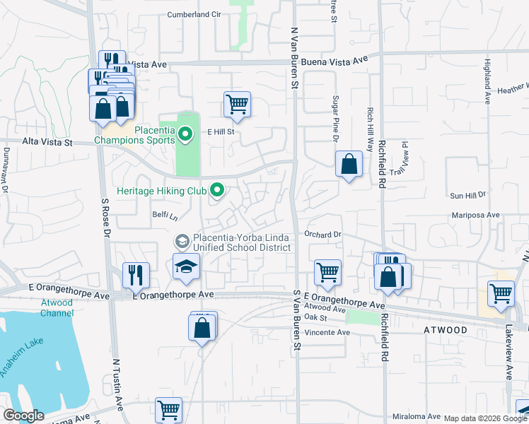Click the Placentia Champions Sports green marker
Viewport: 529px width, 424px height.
(185, 133)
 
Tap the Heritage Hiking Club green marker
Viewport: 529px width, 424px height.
(218, 189)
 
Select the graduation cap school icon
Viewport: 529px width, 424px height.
(187, 267)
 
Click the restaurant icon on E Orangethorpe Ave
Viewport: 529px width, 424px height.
(135, 274)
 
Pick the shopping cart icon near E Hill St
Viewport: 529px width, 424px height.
(237, 104)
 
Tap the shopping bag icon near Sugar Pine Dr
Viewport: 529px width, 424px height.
(349, 165)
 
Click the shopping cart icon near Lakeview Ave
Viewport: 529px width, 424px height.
(501, 293)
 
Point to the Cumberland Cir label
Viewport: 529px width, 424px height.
(194, 14)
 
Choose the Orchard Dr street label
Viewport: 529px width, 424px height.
(323, 234)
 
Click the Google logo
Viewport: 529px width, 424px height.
(23, 416)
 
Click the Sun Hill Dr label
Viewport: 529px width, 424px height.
(468, 194)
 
